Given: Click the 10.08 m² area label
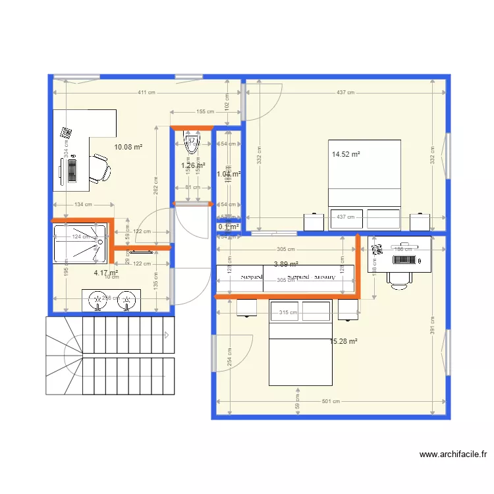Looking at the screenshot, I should coord(128,148).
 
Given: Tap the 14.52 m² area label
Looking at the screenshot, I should coord(346,155).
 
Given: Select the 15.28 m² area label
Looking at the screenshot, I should coord(343,341).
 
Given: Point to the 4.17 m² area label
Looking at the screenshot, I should coord(106,273).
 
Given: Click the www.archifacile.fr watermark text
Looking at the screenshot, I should coord(453,454).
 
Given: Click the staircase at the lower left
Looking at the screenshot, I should coord(109,356).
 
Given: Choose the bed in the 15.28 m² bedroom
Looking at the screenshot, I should coord(300,343).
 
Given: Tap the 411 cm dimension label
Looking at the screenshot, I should coord(142,92).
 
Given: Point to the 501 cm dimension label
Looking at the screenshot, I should coord(331,401).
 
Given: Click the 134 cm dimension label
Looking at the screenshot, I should coord(83,204).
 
